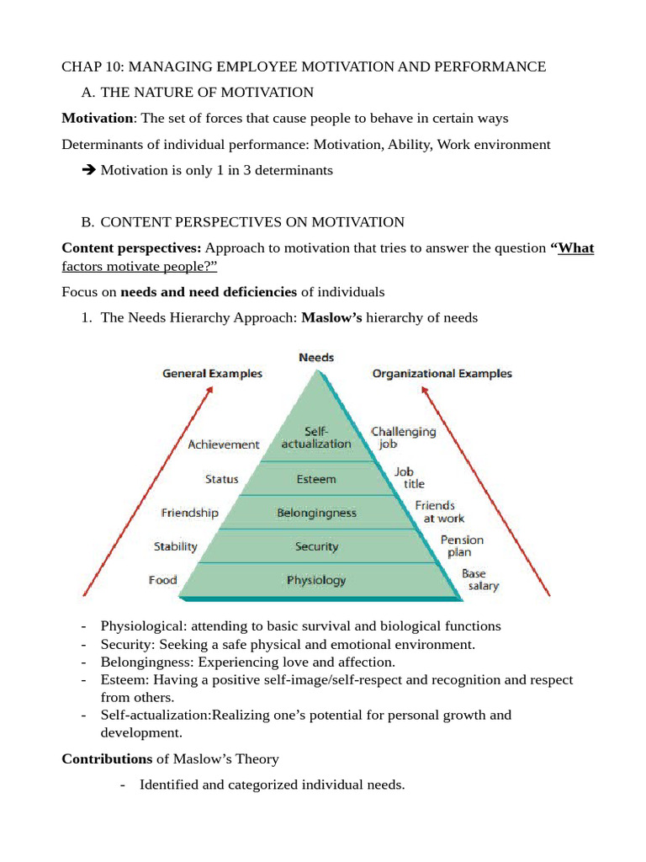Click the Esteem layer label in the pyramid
(315, 479)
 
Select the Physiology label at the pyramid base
(315, 580)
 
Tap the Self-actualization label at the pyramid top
(316, 437)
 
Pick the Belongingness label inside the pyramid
(316, 513)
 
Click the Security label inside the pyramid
(316, 546)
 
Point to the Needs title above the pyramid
(316, 358)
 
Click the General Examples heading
(212, 373)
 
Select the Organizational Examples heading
(441, 373)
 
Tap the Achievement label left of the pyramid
(224, 444)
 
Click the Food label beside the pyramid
(162, 580)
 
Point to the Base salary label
(479, 579)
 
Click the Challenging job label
(404, 437)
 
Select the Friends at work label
(435, 512)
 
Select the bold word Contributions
(107, 758)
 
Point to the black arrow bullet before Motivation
(89, 170)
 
